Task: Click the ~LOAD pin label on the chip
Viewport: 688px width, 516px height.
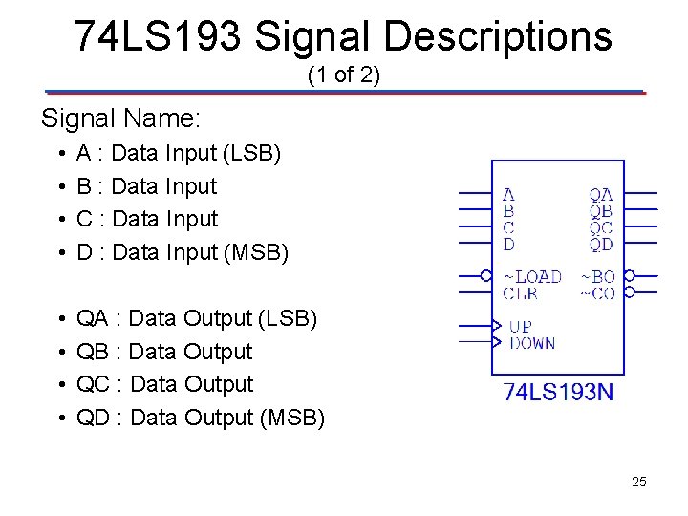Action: (x=531, y=277)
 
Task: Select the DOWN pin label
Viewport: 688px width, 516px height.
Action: (x=532, y=343)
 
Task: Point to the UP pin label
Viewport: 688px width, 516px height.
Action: (x=521, y=326)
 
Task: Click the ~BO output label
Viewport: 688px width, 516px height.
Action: (x=598, y=277)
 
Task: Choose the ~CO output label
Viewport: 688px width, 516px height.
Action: (x=598, y=293)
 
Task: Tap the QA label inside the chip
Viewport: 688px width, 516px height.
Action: (x=601, y=195)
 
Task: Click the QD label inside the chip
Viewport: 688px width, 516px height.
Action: (x=601, y=245)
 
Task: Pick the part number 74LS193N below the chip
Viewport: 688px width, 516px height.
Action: (x=558, y=393)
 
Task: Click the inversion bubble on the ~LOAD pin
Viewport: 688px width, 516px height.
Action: (x=486, y=276)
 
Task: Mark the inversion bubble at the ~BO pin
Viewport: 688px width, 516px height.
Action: (x=630, y=276)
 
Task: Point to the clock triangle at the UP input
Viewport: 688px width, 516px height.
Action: (x=497, y=326)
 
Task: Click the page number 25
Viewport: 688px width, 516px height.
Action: (x=639, y=482)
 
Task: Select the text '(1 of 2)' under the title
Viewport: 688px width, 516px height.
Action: (x=344, y=75)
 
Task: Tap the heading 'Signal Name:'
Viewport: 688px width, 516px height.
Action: (x=120, y=118)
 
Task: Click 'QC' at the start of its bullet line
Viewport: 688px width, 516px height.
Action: (x=92, y=384)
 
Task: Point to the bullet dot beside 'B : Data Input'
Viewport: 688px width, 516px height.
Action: (x=60, y=187)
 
